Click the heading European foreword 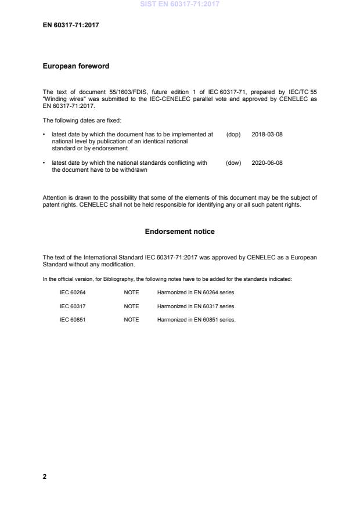pos(76,66)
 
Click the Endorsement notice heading pos(179,232)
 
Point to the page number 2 pos(45,476)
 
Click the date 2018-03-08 pos(267,134)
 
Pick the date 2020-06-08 pos(267,163)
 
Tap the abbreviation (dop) pos(233,134)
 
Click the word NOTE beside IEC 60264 pos(131,293)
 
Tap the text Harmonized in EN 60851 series pos(196,320)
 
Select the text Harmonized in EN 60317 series pos(196,306)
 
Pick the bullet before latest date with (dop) pos(45,134)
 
